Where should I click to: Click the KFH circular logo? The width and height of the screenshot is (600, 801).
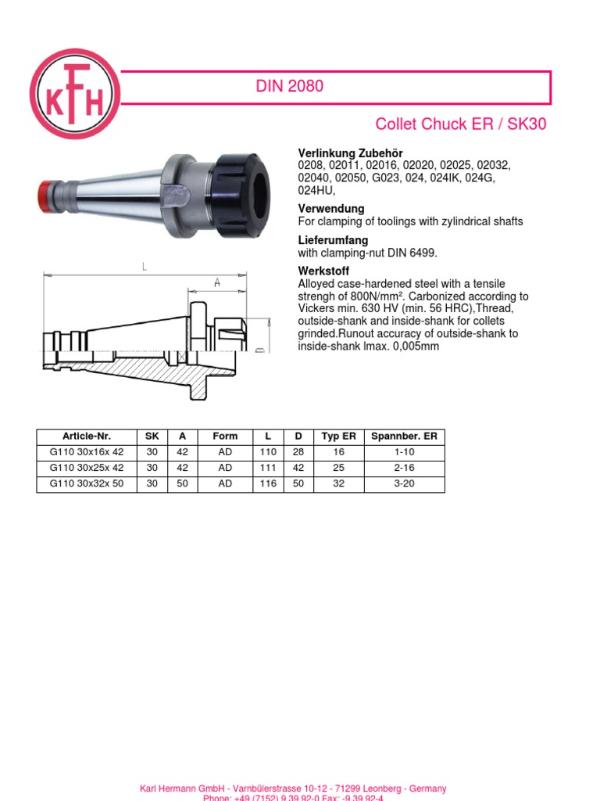click(75, 94)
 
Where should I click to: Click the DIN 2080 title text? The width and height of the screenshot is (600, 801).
click(289, 87)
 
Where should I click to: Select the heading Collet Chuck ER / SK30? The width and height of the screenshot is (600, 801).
click(461, 125)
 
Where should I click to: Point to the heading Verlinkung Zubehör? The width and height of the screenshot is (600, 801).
click(351, 153)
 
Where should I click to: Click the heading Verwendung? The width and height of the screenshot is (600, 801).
click(331, 209)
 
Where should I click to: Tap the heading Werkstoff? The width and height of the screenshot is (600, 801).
click(325, 271)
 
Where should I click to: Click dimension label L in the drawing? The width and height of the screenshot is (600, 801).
click(145, 267)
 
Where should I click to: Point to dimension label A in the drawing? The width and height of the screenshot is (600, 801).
click(216, 282)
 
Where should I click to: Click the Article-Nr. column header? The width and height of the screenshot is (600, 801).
click(87, 436)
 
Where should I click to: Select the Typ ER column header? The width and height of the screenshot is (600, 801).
click(338, 436)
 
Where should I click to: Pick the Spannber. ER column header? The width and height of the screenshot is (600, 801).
click(404, 436)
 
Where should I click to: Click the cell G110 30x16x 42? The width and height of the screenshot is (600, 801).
click(87, 452)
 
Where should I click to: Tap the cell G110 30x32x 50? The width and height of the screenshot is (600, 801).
click(87, 483)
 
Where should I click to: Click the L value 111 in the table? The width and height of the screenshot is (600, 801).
click(267, 468)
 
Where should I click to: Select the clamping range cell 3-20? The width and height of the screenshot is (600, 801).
click(404, 483)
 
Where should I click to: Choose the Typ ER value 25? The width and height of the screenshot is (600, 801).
click(338, 468)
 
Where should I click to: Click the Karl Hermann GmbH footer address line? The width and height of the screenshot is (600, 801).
click(293, 788)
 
